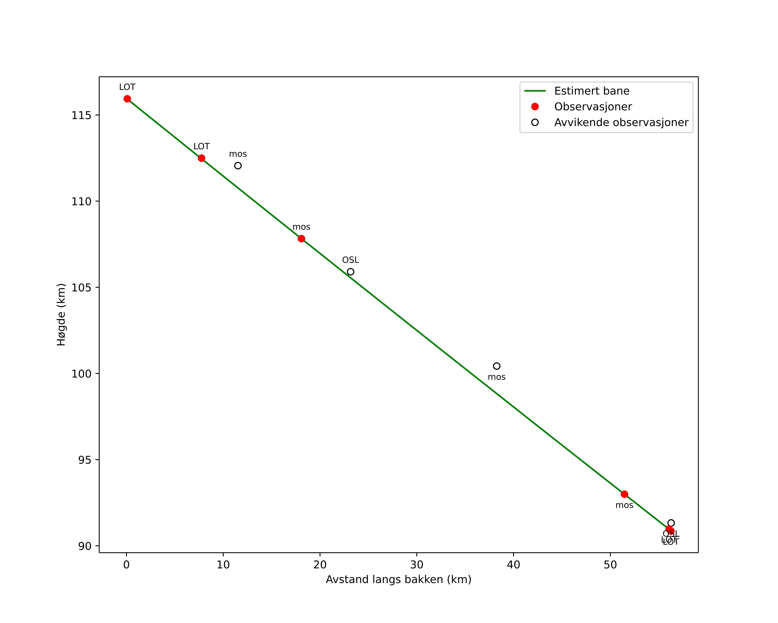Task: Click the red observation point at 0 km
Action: [x=127, y=99]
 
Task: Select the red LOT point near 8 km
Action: [x=201, y=158]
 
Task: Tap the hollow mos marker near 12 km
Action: [x=238, y=166]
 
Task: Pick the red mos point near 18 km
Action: [x=301, y=239]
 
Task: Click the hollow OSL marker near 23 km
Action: [x=350, y=272]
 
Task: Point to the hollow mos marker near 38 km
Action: [x=497, y=366]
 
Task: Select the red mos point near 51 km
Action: [x=624, y=494]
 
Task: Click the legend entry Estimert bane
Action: [x=591, y=91]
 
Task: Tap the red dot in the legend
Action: [x=535, y=107]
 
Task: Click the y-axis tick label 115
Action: [x=81, y=115]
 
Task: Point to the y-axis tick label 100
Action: [x=81, y=374]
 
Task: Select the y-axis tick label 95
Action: [x=85, y=460]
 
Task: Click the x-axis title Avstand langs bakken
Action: [x=398, y=580]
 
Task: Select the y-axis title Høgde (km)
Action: [x=61, y=314]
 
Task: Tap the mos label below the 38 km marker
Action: [x=497, y=377]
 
